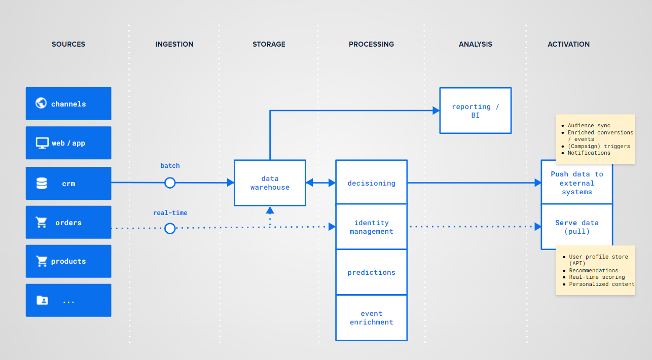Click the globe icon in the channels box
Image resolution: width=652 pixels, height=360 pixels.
tap(41, 103)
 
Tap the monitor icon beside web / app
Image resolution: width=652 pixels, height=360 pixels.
tap(42, 143)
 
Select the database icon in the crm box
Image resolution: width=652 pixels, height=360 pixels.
tap(42, 184)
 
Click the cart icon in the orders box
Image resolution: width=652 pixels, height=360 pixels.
tap(42, 222)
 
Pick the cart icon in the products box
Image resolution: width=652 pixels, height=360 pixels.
tap(42, 261)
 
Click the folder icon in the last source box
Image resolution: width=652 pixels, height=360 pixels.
tap(42, 300)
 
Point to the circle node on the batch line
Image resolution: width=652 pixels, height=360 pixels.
tap(170, 183)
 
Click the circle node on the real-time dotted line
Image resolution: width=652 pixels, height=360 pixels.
tap(170, 229)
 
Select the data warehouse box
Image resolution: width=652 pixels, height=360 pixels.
tap(270, 183)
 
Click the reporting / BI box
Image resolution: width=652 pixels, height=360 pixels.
tap(476, 111)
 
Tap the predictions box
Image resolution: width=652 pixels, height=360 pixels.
tap(372, 272)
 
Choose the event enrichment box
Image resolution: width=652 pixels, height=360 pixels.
tap(372, 318)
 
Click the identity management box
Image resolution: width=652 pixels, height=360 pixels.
tap(372, 227)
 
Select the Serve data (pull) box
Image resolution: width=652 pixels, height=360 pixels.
tap(576, 227)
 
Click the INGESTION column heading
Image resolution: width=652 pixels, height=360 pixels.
tap(174, 44)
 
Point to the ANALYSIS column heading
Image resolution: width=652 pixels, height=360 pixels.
tap(476, 44)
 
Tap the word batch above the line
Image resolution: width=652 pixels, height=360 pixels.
tap(170, 166)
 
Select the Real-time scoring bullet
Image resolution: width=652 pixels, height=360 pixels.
tap(594, 277)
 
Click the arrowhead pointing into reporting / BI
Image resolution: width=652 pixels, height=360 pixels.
tap(436, 111)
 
